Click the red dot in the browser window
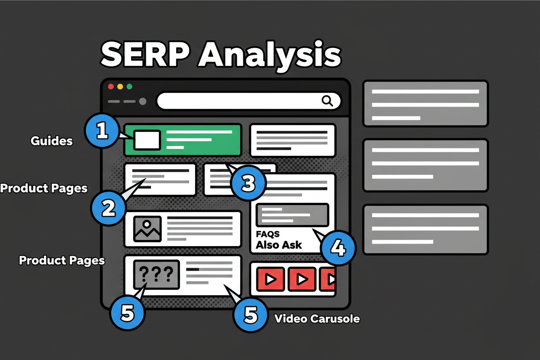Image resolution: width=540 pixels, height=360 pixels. (x=111, y=87)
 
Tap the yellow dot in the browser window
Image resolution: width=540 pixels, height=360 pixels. (x=120, y=87)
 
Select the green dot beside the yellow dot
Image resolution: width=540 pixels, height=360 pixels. (x=129, y=87)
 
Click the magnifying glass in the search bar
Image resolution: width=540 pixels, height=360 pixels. (x=328, y=101)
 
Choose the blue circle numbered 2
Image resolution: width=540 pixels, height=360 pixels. (x=108, y=208)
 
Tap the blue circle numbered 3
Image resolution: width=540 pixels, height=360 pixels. (x=247, y=183)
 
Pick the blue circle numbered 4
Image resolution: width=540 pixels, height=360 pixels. (x=338, y=248)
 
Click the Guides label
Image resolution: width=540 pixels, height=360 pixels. (x=51, y=141)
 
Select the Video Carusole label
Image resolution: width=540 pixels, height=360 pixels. (x=317, y=319)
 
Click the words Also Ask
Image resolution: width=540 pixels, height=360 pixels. (x=279, y=245)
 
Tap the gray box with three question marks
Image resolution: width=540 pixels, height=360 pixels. (x=157, y=274)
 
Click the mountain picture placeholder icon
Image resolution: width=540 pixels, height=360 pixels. (x=148, y=228)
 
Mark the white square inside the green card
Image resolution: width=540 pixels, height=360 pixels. (x=147, y=140)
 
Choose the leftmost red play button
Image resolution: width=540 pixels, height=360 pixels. (x=270, y=279)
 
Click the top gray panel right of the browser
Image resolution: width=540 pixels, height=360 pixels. (x=425, y=103)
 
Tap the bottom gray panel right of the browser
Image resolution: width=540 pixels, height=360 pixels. (x=425, y=229)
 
